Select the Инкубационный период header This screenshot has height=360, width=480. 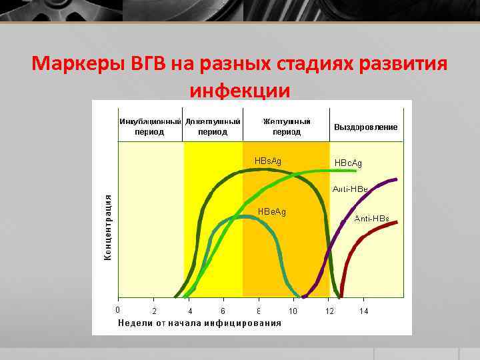coord(151,127)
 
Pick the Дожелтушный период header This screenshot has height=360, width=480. coord(213,127)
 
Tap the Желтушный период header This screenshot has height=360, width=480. coord(286,127)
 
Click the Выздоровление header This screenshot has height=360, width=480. coord(365,127)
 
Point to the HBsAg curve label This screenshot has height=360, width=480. coord(268,161)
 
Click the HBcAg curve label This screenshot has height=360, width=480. coord(348,163)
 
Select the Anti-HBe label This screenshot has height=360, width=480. coord(350,189)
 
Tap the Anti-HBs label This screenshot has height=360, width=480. coord(371,219)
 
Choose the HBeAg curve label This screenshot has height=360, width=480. coord(271,212)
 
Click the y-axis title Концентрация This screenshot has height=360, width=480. coord(108,227)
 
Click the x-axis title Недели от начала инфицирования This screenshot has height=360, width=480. coord(199,323)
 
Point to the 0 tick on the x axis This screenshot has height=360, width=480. coord(118,309)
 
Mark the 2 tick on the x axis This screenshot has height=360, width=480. coord(154,311)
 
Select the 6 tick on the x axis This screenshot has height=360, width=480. coord(223,311)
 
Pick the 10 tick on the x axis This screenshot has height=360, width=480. coord(293,311)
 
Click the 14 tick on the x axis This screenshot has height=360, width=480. coord(363,311)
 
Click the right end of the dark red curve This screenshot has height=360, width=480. coord(397,222)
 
